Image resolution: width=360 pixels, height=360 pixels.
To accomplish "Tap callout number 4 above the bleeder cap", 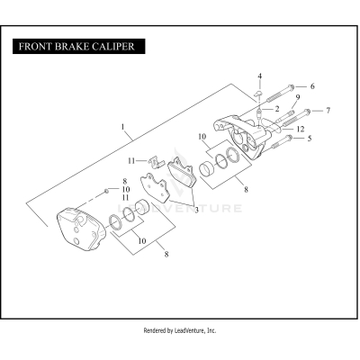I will [x=260, y=76].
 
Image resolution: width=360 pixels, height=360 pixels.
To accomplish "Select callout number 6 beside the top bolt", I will [x=312, y=86].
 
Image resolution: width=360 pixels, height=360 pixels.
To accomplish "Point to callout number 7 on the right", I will [x=328, y=110].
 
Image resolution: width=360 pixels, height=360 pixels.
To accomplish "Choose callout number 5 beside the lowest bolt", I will [x=310, y=139].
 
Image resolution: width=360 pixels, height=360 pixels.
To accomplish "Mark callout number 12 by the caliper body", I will [x=298, y=129].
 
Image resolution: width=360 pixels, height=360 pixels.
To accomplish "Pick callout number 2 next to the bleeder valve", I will [x=276, y=108].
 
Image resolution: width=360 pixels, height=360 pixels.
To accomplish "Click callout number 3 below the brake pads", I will [x=196, y=209].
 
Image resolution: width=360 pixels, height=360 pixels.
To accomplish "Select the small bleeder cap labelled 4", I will [x=256, y=93].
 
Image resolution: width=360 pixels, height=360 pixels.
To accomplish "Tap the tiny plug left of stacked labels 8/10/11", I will [x=107, y=191].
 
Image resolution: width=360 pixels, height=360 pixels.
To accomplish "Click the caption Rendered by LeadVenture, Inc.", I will [x=180, y=330].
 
